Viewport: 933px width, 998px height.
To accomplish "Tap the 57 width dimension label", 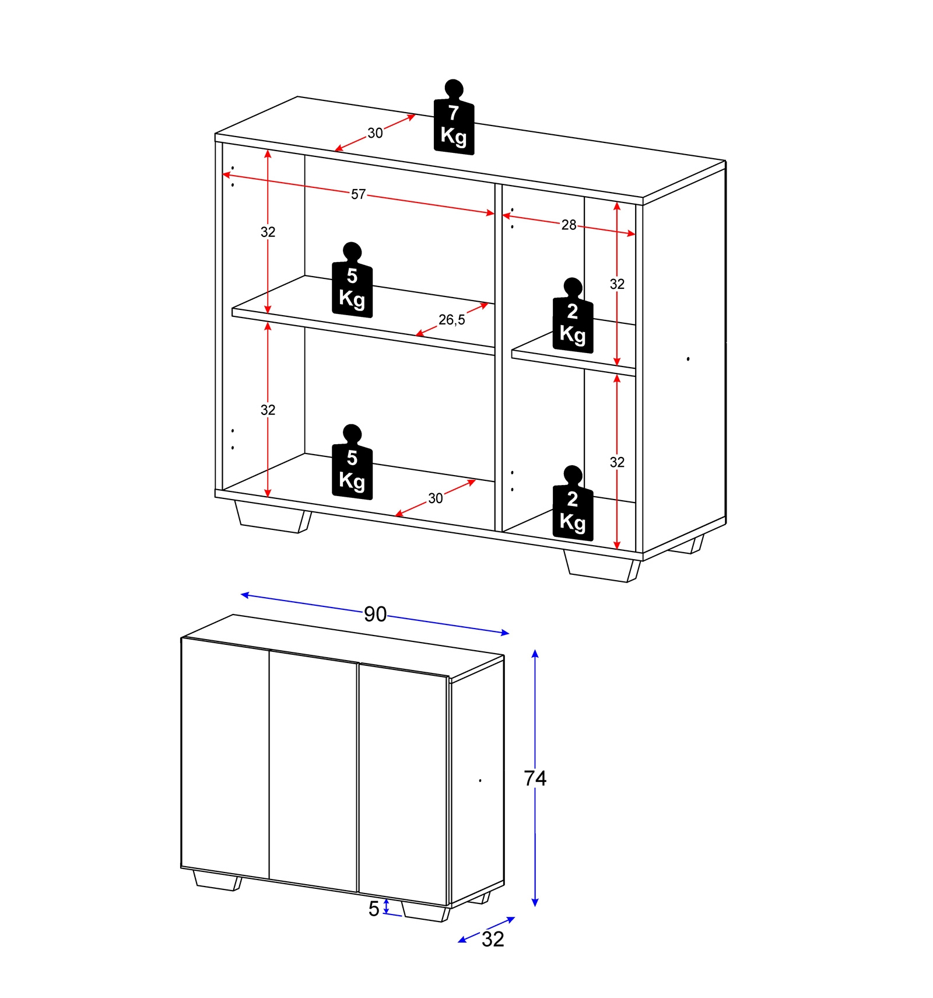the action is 358,194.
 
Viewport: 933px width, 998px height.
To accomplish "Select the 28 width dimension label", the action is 569,225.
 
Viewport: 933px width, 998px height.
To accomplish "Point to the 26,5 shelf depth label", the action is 452,320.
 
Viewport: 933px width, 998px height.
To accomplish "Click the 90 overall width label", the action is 375,614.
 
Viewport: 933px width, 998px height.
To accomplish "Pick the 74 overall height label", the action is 535,778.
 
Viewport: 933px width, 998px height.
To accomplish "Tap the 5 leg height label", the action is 374,909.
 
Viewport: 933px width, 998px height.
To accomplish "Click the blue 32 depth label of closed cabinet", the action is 493,939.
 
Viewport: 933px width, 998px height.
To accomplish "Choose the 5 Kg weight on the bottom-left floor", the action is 352,462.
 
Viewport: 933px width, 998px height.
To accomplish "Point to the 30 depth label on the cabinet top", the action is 375,133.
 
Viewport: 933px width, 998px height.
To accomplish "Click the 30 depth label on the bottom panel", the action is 436,498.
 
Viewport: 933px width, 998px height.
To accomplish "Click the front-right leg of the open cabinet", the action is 602,566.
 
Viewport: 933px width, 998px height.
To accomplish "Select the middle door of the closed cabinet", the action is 313,770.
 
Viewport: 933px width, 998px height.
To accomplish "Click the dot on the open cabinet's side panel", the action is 688,359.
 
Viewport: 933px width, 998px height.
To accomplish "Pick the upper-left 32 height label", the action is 268,232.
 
